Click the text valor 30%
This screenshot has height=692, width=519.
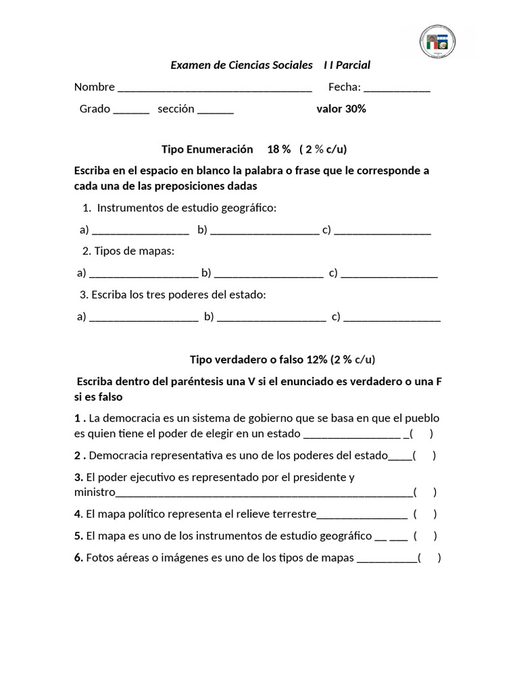click(x=341, y=109)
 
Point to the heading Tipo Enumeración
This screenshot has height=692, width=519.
click(x=207, y=149)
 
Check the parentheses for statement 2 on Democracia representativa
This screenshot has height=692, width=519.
click(x=424, y=455)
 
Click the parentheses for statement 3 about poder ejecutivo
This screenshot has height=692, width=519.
click(x=425, y=492)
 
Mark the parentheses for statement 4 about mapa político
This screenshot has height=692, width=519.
click(x=426, y=514)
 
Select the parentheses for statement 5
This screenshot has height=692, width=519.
click(x=426, y=537)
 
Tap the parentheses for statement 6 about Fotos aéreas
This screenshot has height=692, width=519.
click(x=430, y=558)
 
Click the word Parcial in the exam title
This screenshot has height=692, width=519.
click(x=354, y=65)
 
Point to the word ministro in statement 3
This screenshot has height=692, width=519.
click(x=95, y=492)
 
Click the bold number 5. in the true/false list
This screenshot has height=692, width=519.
click(x=79, y=537)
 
